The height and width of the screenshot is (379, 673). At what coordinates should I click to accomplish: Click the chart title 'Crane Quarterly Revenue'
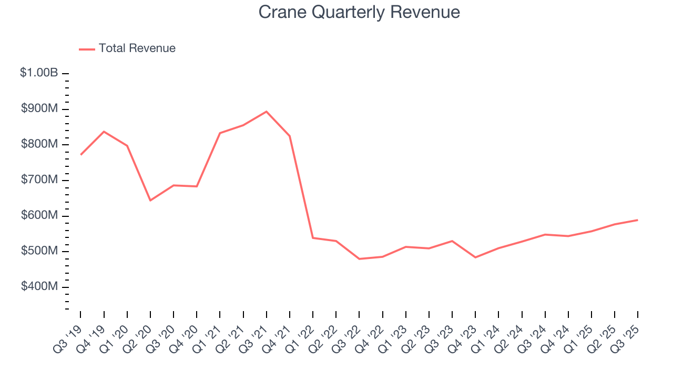(x=359, y=12)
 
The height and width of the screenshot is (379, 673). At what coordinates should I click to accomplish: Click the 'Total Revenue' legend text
(x=137, y=48)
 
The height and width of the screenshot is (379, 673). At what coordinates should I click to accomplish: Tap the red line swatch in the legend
(x=87, y=49)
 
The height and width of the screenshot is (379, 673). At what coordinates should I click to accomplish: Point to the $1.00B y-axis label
(x=39, y=73)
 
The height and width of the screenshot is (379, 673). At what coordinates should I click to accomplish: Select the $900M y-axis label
(x=39, y=109)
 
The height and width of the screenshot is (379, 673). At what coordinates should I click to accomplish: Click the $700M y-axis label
(x=39, y=180)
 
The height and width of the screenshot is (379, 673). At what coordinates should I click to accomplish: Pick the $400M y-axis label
(x=39, y=287)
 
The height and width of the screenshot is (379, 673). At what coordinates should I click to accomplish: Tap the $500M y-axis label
(x=39, y=251)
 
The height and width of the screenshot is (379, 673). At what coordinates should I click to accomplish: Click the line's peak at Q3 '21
(x=267, y=112)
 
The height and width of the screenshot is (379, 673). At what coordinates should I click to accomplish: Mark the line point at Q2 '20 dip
(x=150, y=201)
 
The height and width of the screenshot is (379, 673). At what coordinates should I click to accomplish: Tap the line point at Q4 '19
(x=104, y=132)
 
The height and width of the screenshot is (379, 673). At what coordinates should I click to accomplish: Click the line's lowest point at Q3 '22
(x=360, y=259)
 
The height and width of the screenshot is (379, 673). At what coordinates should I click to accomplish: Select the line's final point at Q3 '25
(x=638, y=220)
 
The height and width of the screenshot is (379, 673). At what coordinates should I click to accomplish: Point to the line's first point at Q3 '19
(x=81, y=154)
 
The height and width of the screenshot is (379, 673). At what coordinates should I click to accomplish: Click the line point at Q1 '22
(x=313, y=238)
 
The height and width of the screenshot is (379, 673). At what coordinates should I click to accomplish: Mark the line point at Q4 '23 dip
(x=475, y=257)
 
